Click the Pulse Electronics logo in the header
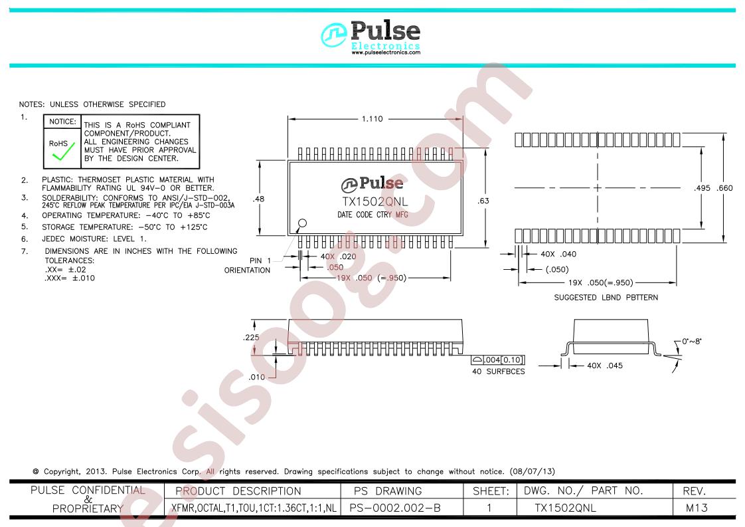point(371,37)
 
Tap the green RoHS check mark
point(64,152)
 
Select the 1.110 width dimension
point(372,119)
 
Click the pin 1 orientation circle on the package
point(302,223)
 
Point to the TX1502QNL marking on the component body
point(375,201)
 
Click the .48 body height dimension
point(259,199)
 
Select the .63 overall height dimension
point(483,201)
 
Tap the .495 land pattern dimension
point(702,188)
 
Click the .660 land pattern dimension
point(725,188)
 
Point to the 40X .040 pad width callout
point(558,254)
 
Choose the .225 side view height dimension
point(252,337)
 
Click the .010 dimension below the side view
point(256,377)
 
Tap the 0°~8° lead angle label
point(691,341)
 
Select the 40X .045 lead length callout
point(605,366)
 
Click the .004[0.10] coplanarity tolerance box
point(498,360)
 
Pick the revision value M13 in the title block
point(697,508)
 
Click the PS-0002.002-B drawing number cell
point(395,508)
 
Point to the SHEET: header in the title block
point(491,491)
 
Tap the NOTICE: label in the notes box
point(62,122)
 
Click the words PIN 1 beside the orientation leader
point(260,260)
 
